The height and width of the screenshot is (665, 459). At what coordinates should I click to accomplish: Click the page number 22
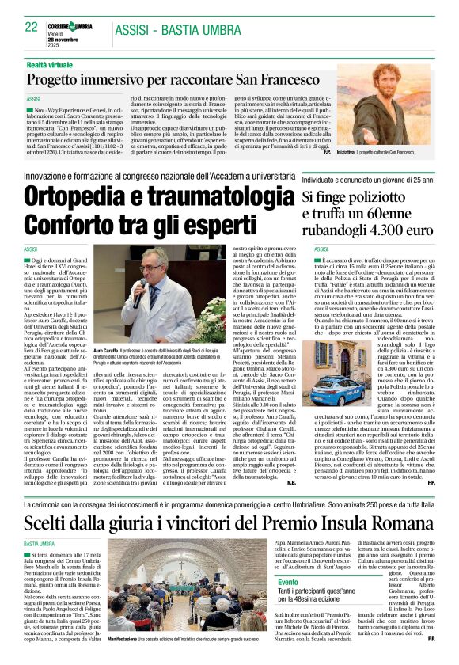point(32,27)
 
